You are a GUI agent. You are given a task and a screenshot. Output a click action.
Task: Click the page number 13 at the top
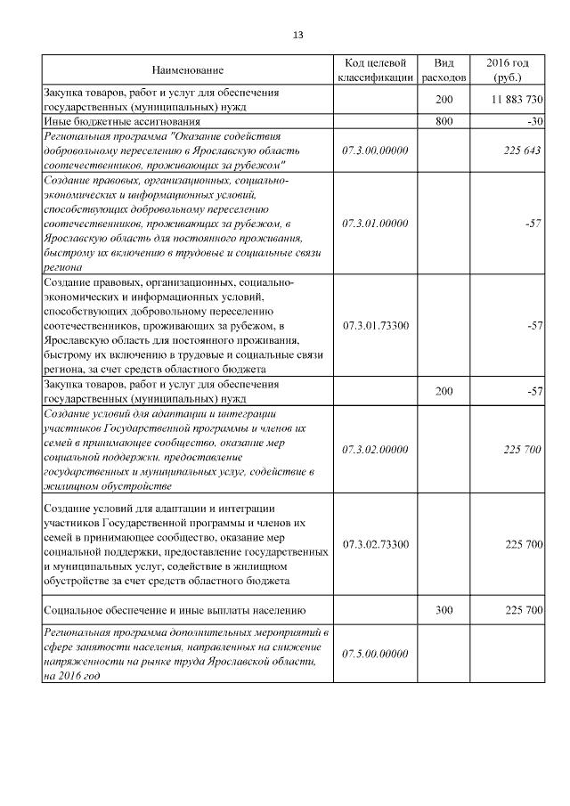[297, 35]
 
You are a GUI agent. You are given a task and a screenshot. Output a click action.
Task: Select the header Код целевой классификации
[375, 69]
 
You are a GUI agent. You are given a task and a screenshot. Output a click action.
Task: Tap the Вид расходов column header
[444, 69]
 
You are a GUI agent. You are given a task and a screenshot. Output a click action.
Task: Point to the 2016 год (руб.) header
[508, 69]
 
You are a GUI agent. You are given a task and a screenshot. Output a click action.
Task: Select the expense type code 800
[444, 120]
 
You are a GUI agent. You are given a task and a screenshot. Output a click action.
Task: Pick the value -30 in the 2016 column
[533, 120]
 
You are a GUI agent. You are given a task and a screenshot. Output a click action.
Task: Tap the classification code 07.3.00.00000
[375, 151]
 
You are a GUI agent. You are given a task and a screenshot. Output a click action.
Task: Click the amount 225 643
[522, 151]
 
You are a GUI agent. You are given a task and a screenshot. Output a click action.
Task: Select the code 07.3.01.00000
[375, 223]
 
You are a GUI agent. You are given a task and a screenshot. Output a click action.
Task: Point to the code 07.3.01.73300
[375, 326]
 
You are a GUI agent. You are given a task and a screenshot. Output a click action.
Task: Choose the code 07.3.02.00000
[375, 450]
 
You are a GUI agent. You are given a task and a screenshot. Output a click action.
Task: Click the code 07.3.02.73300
[375, 543]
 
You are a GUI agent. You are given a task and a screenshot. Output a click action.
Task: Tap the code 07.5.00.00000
[375, 654]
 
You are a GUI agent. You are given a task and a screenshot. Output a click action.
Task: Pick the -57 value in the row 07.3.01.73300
[533, 326]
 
